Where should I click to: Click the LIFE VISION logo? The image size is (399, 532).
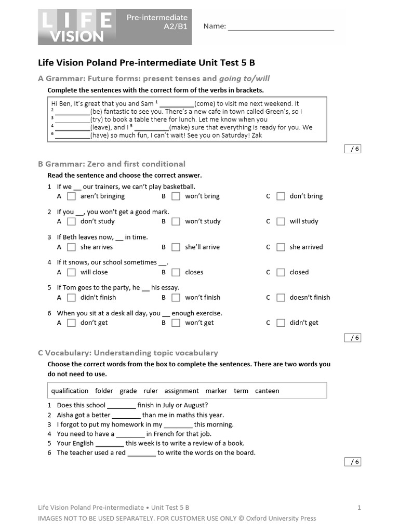tap(76, 27)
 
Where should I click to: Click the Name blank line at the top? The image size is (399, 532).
tap(281, 26)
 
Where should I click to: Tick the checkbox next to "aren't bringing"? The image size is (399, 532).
tap(72, 196)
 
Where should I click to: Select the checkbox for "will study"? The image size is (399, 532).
tap(281, 221)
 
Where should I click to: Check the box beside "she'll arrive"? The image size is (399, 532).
tap(176, 247)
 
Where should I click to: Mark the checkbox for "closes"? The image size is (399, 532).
tap(176, 272)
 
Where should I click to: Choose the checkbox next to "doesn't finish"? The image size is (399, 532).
tap(281, 298)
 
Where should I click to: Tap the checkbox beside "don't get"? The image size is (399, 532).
tap(72, 323)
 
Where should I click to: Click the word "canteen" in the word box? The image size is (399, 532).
tap(267, 391)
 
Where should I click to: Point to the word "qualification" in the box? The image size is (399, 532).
tap(70, 391)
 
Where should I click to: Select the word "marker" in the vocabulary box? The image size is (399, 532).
tap(216, 391)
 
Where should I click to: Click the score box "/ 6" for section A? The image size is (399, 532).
tap(353, 149)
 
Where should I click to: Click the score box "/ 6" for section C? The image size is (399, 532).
tap(353, 462)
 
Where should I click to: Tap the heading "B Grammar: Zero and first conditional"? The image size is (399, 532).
tap(112, 164)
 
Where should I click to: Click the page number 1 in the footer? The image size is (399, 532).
tap(359, 508)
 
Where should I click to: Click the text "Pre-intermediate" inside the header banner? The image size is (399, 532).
tap(157, 18)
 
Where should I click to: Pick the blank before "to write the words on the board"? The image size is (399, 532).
tap(141, 453)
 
